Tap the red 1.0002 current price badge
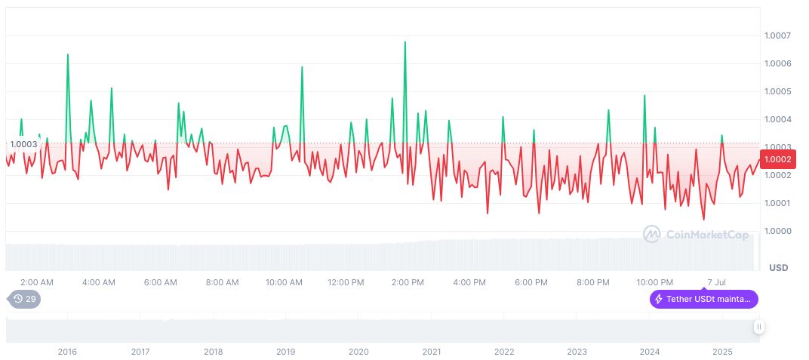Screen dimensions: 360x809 777,159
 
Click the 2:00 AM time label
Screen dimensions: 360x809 36,282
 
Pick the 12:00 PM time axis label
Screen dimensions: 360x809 346,282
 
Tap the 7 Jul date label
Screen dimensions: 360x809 717,282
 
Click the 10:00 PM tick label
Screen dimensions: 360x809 654,282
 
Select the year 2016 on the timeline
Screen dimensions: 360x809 67,352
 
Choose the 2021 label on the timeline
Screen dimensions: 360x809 431,352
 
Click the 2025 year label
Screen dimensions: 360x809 722,352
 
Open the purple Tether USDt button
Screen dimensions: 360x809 703,299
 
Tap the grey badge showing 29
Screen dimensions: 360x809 25,299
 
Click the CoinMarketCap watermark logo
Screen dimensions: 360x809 696,235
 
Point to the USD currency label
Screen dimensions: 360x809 777,268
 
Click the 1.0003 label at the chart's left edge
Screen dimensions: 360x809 23,144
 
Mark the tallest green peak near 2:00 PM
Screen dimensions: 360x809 405,42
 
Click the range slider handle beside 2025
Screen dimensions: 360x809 758,327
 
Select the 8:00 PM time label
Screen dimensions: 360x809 592,282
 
